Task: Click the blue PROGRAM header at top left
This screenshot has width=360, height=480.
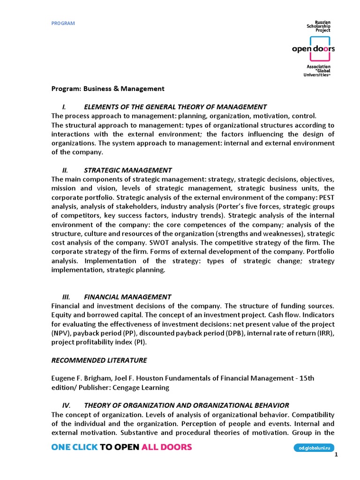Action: (63, 23)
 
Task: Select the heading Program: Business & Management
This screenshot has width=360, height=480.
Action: (108, 88)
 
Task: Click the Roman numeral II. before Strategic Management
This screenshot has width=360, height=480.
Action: (66, 170)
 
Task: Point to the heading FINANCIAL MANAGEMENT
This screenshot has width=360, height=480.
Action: (127, 297)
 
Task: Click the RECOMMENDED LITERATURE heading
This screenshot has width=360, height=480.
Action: (99, 360)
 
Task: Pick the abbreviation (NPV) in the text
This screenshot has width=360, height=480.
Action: (60, 333)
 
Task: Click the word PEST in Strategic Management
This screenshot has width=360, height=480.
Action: (326, 197)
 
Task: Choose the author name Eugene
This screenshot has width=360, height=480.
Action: (63, 378)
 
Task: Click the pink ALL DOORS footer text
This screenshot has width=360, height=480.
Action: (166, 447)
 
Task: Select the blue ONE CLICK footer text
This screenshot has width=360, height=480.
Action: (75, 447)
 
